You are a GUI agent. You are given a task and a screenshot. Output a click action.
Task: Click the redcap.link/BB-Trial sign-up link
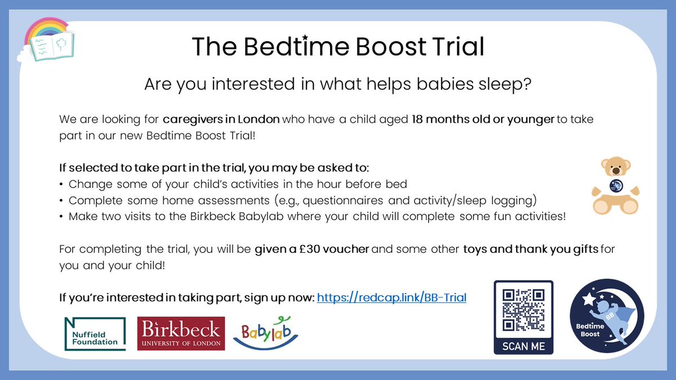point(392,297)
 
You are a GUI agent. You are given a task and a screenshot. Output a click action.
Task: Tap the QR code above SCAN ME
point(523,310)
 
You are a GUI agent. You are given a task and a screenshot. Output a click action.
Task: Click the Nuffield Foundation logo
point(92,333)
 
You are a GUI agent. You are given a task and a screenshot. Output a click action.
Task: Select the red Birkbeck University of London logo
point(181,333)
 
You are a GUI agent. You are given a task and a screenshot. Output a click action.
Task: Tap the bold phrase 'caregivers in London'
point(221,120)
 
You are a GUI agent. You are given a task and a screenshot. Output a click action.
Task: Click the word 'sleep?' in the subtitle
point(502,84)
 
